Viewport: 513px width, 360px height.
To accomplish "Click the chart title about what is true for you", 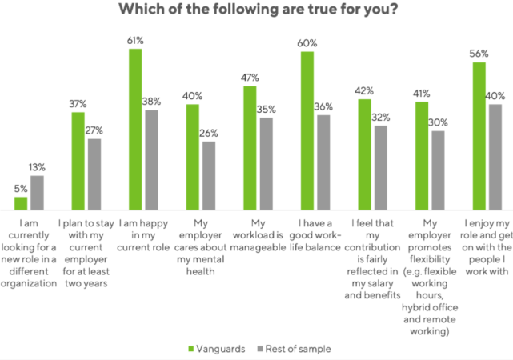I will coord(256,11).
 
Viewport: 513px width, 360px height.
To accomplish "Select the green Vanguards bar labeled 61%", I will coord(134,128).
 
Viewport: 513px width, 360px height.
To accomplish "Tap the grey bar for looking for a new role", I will coord(38,191).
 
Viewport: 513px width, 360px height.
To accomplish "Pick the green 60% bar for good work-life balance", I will coord(307,129).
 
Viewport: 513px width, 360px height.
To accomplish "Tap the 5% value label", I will coord(20,189).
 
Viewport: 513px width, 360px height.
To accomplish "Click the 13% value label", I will coord(38,167).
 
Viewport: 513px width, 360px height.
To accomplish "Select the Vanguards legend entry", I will coord(211,348).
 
